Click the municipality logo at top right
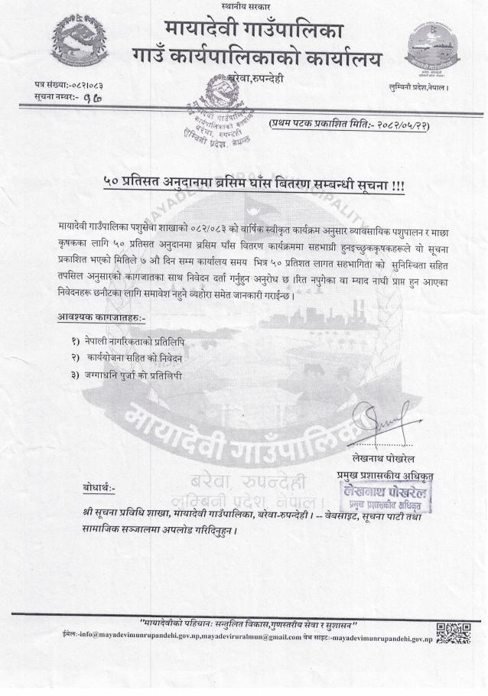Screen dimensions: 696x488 pyautogui.click(x=432, y=48)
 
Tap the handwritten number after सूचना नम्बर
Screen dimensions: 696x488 pyautogui.click(x=93, y=96)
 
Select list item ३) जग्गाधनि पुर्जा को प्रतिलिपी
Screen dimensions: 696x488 pyautogui.click(x=127, y=375)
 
